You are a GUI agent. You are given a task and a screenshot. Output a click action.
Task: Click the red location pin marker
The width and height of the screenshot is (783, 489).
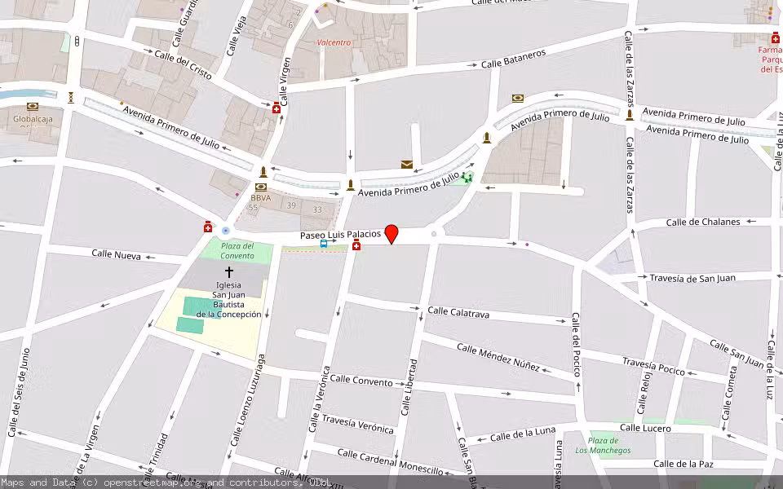391,234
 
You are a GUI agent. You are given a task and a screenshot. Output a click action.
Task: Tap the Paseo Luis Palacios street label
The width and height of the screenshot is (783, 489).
340,235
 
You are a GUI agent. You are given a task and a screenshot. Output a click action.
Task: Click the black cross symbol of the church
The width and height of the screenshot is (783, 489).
228,271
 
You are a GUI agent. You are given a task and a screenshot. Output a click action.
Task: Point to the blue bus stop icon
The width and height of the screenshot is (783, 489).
324,244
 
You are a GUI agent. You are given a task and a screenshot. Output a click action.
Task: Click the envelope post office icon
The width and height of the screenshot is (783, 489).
406,165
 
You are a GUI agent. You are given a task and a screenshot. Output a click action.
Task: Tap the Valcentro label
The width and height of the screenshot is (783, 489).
334,42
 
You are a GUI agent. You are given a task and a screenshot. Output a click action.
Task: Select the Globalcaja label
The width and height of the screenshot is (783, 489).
32,119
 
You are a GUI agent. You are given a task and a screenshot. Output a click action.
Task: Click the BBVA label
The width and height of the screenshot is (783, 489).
260,198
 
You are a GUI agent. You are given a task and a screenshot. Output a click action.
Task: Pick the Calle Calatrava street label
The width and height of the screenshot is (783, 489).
458,312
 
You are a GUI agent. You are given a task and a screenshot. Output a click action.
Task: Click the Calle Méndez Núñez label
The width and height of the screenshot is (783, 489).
498,357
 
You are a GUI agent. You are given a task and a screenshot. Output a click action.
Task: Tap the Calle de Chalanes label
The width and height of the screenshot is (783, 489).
703,222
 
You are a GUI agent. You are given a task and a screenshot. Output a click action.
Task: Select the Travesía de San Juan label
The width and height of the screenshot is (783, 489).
692,278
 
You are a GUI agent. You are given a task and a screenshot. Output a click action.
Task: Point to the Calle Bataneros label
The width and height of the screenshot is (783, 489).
513,59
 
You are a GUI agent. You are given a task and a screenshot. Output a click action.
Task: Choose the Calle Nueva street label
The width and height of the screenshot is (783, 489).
116,255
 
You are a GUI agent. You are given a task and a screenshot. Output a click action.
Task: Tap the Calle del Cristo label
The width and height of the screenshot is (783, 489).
183,66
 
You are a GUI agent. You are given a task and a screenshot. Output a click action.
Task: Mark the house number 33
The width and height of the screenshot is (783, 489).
317,210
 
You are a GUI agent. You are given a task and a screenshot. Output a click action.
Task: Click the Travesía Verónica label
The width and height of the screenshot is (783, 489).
357,425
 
